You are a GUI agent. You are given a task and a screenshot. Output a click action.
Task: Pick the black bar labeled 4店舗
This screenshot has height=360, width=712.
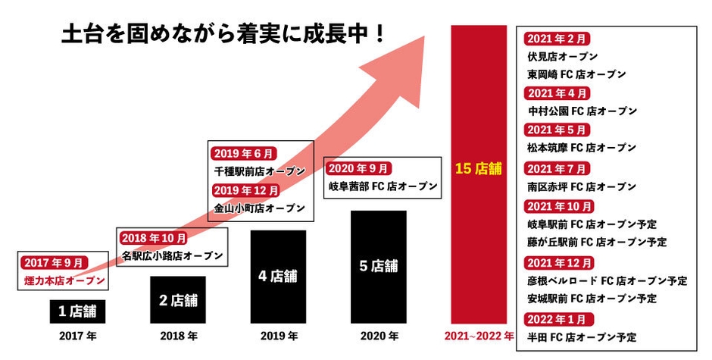(278, 276)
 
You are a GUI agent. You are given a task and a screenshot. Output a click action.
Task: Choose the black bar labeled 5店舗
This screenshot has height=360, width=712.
(378, 266)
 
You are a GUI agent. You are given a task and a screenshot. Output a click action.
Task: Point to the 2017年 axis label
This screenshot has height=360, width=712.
(74, 335)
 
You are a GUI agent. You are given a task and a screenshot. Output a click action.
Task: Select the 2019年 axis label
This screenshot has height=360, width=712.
(278, 335)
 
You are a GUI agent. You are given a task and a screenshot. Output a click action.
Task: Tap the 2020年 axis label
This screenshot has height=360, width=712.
(378, 335)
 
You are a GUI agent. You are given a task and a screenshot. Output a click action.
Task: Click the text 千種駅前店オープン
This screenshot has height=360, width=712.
(258, 171)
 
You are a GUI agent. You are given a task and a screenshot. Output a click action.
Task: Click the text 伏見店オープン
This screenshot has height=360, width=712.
(562, 56)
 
